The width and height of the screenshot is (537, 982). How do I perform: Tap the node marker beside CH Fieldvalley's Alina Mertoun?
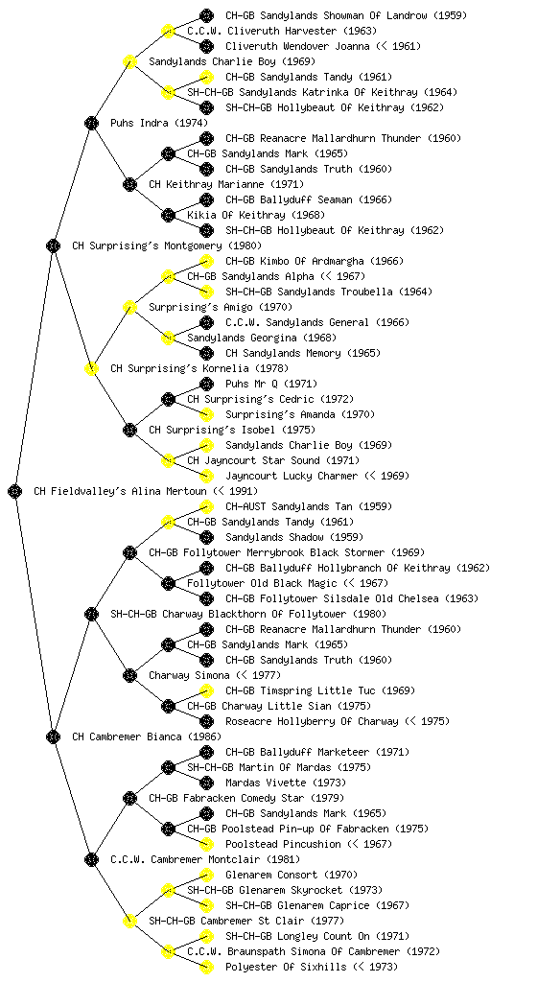click(x=15, y=491)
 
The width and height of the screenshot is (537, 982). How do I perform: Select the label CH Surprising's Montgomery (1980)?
click(x=167, y=245)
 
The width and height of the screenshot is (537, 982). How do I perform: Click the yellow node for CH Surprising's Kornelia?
click(x=91, y=368)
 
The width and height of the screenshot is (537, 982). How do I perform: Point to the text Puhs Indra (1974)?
click(x=159, y=123)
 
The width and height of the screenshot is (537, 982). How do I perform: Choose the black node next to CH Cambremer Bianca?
click(x=53, y=736)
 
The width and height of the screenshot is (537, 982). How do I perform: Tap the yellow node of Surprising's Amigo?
click(x=129, y=307)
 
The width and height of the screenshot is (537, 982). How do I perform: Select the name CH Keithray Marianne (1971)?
click(x=226, y=184)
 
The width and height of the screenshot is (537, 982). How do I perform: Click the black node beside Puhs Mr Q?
click(x=206, y=384)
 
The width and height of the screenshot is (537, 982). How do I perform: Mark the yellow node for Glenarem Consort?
click(x=206, y=875)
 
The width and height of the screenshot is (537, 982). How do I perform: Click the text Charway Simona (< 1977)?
click(x=215, y=675)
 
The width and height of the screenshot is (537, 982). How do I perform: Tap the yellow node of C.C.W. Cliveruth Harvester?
click(x=168, y=31)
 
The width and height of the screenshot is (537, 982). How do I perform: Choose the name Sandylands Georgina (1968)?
click(x=262, y=338)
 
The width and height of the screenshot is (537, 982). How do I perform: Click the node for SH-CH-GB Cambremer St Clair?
click(x=129, y=921)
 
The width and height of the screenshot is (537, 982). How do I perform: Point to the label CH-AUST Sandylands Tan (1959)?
click(x=297, y=506)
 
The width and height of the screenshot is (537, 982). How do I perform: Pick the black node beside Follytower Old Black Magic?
click(x=168, y=583)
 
